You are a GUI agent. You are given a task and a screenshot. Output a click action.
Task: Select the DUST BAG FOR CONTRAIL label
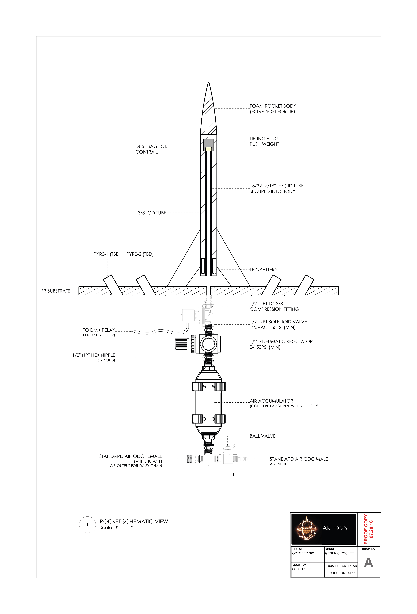point(151,149)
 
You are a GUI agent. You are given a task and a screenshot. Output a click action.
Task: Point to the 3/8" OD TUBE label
point(152,213)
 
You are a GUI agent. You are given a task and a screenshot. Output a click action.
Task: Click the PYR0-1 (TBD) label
point(107,254)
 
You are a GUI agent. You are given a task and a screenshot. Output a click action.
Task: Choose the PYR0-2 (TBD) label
point(140,254)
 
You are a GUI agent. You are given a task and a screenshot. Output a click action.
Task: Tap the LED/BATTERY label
point(263,270)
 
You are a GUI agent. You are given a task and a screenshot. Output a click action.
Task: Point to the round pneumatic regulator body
point(209,344)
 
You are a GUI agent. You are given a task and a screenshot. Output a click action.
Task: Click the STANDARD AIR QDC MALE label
point(299,459)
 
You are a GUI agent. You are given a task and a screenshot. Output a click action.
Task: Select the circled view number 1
point(87,525)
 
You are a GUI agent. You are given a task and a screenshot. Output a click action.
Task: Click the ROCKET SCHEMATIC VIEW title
point(134,522)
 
